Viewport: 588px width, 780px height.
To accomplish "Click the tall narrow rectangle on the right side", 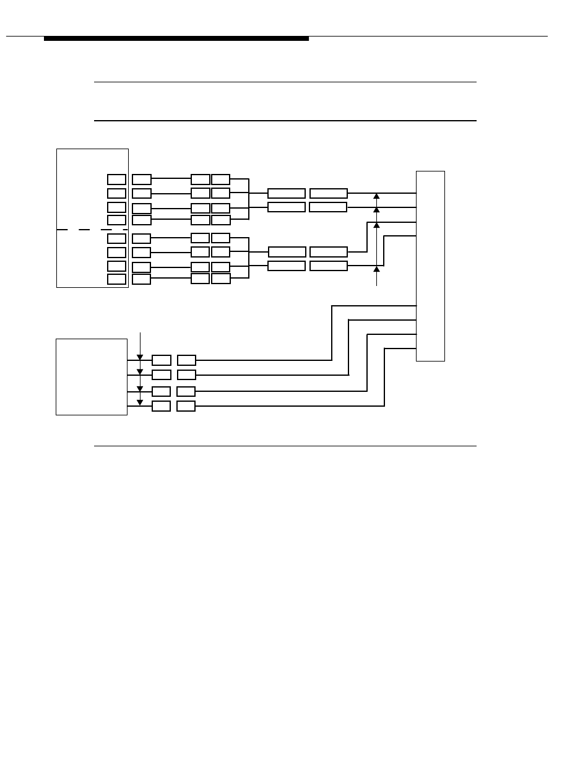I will (x=430, y=266).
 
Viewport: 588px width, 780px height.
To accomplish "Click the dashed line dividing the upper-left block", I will (x=92, y=230).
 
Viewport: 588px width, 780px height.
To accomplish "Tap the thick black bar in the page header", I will (x=176, y=38).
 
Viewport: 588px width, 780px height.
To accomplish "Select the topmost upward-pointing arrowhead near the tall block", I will (x=376, y=196).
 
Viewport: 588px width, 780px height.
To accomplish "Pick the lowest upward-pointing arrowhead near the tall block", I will (x=376, y=269).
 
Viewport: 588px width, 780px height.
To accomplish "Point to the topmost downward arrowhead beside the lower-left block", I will (x=140, y=357).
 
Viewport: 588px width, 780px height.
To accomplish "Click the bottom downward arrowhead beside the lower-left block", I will (x=140, y=402).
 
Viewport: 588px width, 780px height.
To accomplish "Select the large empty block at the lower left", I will (x=92, y=376).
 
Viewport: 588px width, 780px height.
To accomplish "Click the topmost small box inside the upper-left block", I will (x=116, y=180).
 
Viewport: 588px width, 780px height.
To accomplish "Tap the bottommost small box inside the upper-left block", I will (x=116, y=279).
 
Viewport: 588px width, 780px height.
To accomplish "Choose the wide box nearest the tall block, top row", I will (x=329, y=194).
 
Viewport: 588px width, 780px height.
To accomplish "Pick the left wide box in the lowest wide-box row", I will (x=287, y=266).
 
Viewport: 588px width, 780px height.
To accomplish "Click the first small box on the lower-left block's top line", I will (x=162, y=360).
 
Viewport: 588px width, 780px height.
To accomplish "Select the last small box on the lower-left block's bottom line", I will (x=186, y=406).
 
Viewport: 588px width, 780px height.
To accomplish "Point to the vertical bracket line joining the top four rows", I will (x=249, y=199).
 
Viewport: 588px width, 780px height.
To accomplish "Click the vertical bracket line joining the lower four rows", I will (x=249, y=258).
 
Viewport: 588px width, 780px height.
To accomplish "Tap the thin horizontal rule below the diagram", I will (x=285, y=446).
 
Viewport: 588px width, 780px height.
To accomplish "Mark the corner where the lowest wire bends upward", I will (x=384, y=406).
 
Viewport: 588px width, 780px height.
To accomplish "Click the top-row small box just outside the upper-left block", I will (x=142, y=180).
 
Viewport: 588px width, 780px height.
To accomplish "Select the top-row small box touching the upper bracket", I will (x=220, y=180).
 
